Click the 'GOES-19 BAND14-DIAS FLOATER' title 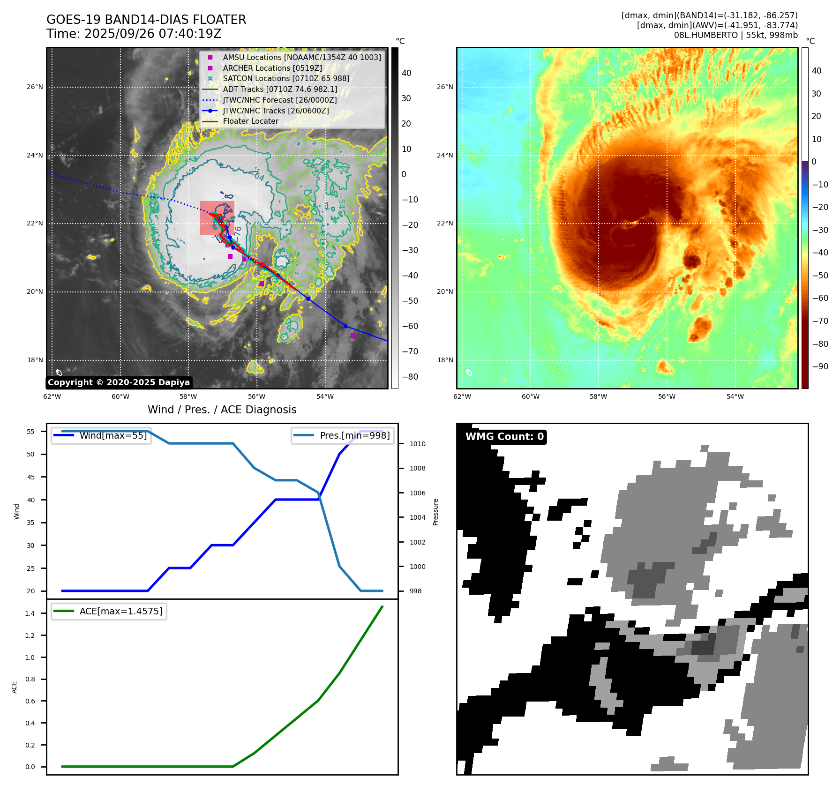[x=146, y=20]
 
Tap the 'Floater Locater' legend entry [x=250, y=121]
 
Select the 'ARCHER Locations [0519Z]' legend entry [x=272, y=68]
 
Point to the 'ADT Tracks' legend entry [x=280, y=89]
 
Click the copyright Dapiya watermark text [x=119, y=382]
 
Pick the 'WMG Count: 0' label [x=504, y=437]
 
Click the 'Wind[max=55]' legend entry [x=113, y=435]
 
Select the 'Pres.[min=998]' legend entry [x=354, y=435]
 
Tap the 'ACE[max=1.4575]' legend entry [x=121, y=611]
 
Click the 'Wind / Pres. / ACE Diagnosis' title [x=222, y=410]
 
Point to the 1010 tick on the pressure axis [x=417, y=444]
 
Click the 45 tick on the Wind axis [x=30, y=477]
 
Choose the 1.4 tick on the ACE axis [x=30, y=613]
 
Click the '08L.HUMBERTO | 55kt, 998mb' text [x=735, y=35]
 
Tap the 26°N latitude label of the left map [x=35, y=87]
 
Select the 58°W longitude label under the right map [x=598, y=396]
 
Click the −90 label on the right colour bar [x=820, y=366]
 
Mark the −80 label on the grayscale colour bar [x=410, y=377]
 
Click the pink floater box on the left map [x=217, y=218]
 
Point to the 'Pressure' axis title [x=435, y=512]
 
